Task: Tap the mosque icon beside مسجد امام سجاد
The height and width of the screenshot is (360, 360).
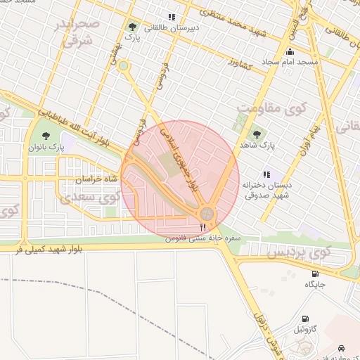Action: [290, 51]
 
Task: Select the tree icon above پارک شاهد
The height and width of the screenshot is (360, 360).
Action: [256, 133]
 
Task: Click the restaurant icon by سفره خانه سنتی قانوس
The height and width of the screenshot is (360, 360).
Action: [203, 226]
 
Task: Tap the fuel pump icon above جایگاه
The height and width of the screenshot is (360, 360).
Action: [314, 274]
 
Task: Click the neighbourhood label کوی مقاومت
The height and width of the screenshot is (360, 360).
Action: [274, 108]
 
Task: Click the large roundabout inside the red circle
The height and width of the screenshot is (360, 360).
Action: [206, 213]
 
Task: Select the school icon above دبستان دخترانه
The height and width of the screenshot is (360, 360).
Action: [266, 174]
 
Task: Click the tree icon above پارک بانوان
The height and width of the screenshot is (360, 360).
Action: [46, 136]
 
